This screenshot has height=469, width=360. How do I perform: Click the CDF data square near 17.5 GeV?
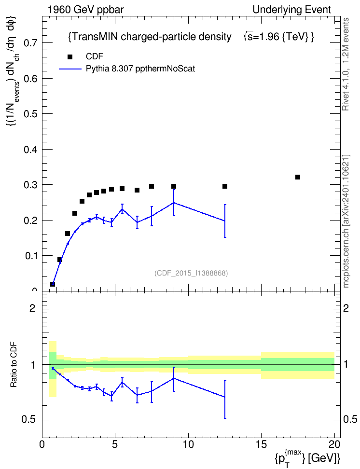(297, 177)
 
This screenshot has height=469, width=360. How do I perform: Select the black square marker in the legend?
(70, 57)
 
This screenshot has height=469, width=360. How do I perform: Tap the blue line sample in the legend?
(70, 69)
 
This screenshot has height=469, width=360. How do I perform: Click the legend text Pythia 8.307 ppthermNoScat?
(140, 69)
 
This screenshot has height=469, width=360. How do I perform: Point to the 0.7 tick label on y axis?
(30, 43)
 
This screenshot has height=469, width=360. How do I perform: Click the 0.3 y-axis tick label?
(30, 185)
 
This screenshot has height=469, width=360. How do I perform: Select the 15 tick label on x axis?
(261, 444)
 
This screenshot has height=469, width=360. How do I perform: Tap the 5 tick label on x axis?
(115, 444)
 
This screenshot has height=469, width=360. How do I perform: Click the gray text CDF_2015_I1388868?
(191, 273)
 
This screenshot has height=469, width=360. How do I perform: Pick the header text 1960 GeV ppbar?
(85, 10)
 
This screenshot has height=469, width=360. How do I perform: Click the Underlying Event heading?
(292, 10)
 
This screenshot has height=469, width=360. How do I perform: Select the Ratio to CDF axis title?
(14, 365)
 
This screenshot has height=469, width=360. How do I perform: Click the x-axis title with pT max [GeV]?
(307, 457)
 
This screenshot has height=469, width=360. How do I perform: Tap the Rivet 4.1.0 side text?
(346, 64)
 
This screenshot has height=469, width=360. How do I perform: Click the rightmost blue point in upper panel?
(225, 221)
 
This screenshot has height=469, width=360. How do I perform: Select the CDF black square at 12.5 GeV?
(225, 186)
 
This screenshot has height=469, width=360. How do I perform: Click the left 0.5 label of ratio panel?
(28, 420)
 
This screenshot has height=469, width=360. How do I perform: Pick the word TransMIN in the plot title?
(95, 37)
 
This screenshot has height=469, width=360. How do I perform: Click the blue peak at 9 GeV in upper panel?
(174, 203)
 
